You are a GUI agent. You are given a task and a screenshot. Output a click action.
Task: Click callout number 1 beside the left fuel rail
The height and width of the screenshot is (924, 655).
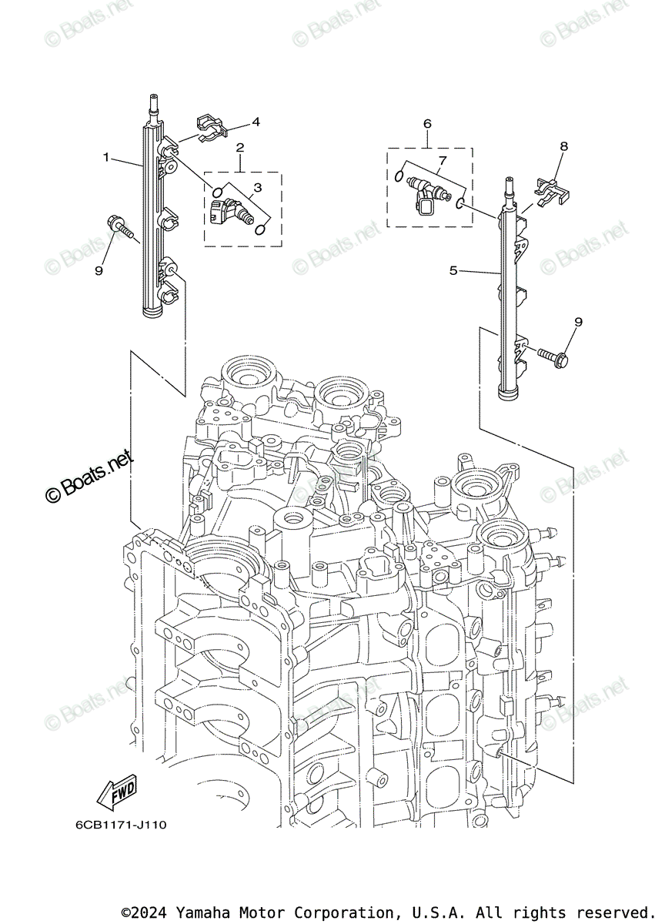107,157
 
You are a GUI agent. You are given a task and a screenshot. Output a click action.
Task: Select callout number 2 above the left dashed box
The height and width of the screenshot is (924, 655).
240,147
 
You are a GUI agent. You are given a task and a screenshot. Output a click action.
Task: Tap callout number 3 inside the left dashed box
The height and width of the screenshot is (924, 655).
257,187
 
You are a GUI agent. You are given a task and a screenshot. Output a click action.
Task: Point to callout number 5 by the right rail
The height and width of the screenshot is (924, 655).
453,270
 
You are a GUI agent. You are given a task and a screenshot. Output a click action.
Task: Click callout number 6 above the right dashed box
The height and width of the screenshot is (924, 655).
427,123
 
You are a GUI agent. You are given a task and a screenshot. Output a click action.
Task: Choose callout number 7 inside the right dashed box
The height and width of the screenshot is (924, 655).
442,160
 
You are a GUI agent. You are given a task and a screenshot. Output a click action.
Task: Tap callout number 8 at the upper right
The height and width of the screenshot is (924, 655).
563,146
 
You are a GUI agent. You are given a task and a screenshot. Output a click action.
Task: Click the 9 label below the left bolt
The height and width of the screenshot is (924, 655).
99,270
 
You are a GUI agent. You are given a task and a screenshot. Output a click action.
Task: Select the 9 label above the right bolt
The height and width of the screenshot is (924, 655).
577,321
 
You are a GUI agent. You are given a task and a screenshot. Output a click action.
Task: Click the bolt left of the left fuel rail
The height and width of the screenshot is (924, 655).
122,225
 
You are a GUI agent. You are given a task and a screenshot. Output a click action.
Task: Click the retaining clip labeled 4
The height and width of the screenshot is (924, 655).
208,126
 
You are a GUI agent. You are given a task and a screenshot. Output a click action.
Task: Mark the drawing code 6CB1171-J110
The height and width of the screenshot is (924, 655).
121,825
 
